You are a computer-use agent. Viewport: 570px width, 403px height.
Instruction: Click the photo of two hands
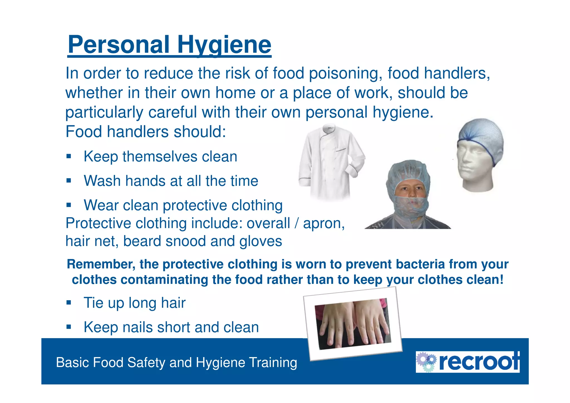[x=353, y=324]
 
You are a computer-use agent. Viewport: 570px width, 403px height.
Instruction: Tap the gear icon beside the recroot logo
[x=426, y=362]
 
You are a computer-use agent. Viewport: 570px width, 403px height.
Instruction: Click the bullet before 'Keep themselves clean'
[x=69, y=156]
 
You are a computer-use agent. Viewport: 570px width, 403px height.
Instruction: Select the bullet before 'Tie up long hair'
[x=69, y=302]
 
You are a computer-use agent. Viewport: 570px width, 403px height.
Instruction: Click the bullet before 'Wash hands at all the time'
[x=69, y=181]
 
